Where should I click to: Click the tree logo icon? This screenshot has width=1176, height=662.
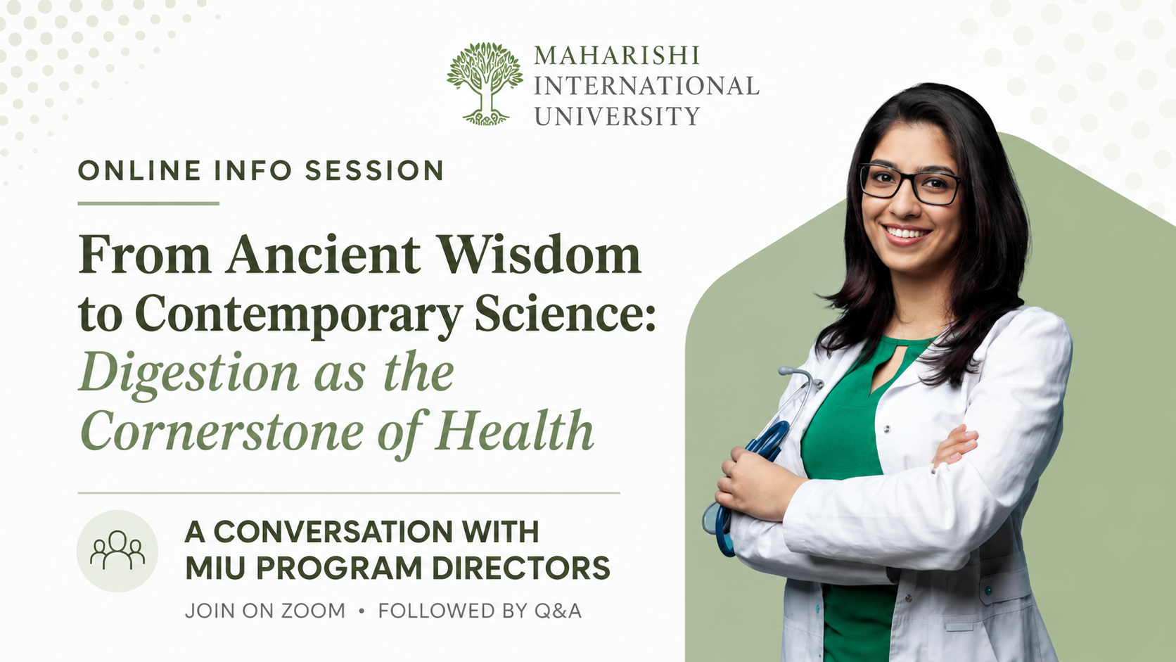tap(485, 84)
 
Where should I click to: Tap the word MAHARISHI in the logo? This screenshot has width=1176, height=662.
tap(616, 56)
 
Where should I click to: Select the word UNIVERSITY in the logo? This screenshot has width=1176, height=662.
tap(617, 116)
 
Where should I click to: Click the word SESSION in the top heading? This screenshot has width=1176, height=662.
tap(374, 171)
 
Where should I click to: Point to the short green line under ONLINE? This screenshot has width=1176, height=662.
tap(148, 203)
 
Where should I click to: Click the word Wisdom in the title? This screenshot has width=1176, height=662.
tap(539, 255)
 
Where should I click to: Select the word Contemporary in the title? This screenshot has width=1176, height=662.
tap(298, 315)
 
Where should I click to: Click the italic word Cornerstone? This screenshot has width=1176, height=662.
tap(222, 431)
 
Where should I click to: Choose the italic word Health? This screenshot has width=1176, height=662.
tap(514, 431)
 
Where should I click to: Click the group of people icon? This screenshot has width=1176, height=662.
tap(117, 551)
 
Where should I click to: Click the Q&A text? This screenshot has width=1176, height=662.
tap(558, 611)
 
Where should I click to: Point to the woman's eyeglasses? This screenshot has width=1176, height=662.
tap(910, 183)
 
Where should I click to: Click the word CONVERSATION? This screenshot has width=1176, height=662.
tap(333, 532)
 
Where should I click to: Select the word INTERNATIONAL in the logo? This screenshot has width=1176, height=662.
tap(647, 86)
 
